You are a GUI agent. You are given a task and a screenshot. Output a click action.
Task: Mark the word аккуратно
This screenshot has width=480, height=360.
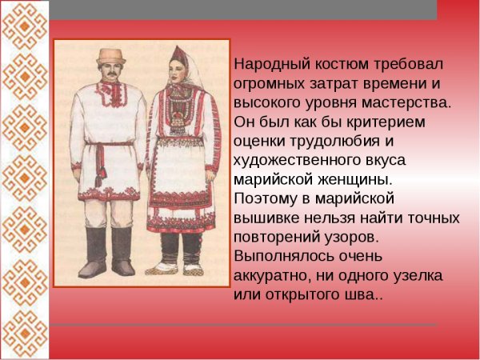(x=271, y=275)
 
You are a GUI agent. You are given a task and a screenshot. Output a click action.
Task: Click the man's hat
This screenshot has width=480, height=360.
(x=110, y=57)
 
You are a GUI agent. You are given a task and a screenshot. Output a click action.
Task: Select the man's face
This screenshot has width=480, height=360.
(x=111, y=73)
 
